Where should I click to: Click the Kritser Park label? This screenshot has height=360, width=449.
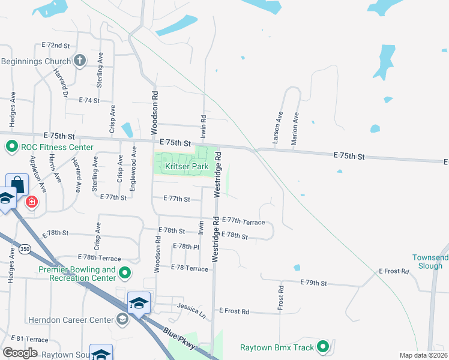184,166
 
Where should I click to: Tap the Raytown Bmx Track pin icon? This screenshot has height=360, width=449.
323,347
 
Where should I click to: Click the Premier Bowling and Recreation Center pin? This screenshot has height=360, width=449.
125,274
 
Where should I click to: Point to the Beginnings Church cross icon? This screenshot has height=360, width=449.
79,61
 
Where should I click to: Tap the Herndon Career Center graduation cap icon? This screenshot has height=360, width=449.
122,319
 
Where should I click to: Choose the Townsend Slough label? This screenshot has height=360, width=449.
430,262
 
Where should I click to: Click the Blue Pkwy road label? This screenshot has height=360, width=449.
179,339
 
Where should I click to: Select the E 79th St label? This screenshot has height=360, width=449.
313,282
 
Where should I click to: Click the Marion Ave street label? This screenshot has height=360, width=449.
294,127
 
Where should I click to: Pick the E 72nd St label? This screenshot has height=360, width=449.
56,46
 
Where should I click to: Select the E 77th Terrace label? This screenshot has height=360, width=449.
243,222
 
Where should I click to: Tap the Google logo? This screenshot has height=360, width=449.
20,353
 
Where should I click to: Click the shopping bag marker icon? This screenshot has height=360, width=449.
16,184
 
